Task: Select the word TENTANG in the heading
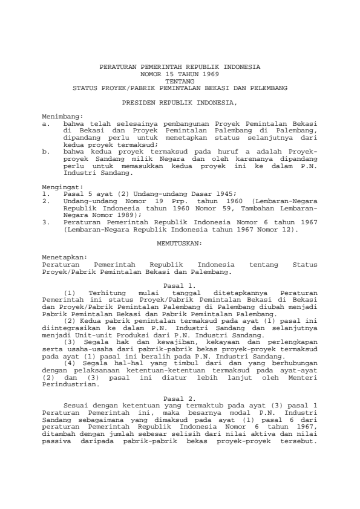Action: (180, 80)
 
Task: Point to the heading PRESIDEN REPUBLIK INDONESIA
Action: (180, 103)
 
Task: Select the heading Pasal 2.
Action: (180, 383)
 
